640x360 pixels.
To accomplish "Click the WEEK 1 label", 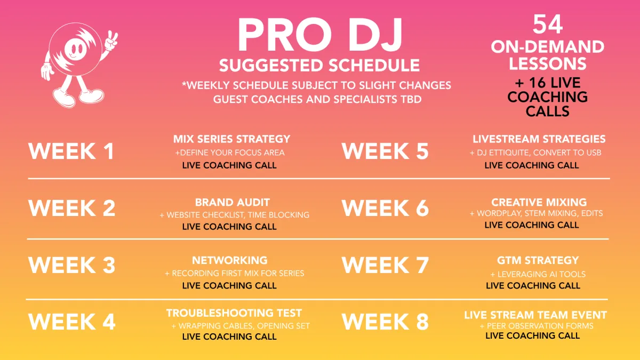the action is [x=71, y=151].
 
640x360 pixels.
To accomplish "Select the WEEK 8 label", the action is [x=385, y=322].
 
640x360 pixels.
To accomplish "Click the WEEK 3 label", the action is [x=71, y=265].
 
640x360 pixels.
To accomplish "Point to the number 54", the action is [x=548, y=25].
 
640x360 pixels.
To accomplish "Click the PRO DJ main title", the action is [x=320, y=35].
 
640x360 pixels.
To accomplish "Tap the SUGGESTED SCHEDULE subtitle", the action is [x=319, y=66].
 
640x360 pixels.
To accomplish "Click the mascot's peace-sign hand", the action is [x=111, y=41].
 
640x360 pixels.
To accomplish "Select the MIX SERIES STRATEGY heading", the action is [x=231, y=139].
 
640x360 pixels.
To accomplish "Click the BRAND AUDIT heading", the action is [x=233, y=202].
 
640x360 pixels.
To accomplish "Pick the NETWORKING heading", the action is [x=230, y=260].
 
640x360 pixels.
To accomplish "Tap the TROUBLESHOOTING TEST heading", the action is [x=234, y=313].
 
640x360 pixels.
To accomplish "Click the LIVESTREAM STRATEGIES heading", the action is [x=539, y=139].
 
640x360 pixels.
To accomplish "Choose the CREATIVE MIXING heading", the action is [x=539, y=202].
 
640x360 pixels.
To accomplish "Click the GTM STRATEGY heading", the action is [x=538, y=260].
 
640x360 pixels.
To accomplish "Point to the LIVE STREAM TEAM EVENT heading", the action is [x=535, y=315].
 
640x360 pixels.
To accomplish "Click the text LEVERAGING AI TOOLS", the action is [x=541, y=274].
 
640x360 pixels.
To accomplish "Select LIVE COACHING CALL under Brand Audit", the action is [x=229, y=227].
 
